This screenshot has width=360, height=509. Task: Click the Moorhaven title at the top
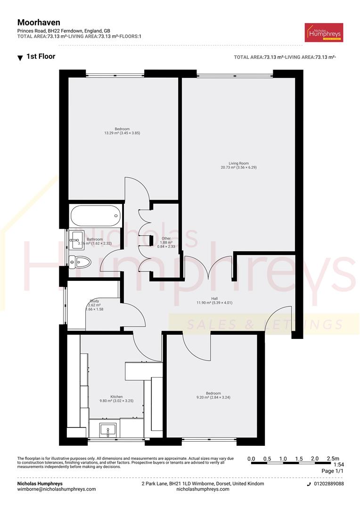click(x=39, y=22)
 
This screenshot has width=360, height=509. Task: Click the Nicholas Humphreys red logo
click(x=324, y=33)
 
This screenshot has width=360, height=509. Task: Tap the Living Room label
click(x=238, y=165)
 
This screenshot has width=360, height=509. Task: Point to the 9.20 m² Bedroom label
click(x=213, y=395)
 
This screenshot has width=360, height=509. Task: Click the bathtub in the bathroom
click(x=95, y=216)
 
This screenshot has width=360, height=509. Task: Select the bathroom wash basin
click(x=76, y=239)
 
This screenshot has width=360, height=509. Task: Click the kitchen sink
click(x=108, y=429)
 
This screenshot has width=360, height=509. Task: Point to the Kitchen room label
click(x=116, y=399)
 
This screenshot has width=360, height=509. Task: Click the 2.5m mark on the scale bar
click(x=332, y=459)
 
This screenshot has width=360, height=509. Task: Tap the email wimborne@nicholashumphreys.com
click(x=57, y=489)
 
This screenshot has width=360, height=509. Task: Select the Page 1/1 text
click(x=333, y=471)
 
